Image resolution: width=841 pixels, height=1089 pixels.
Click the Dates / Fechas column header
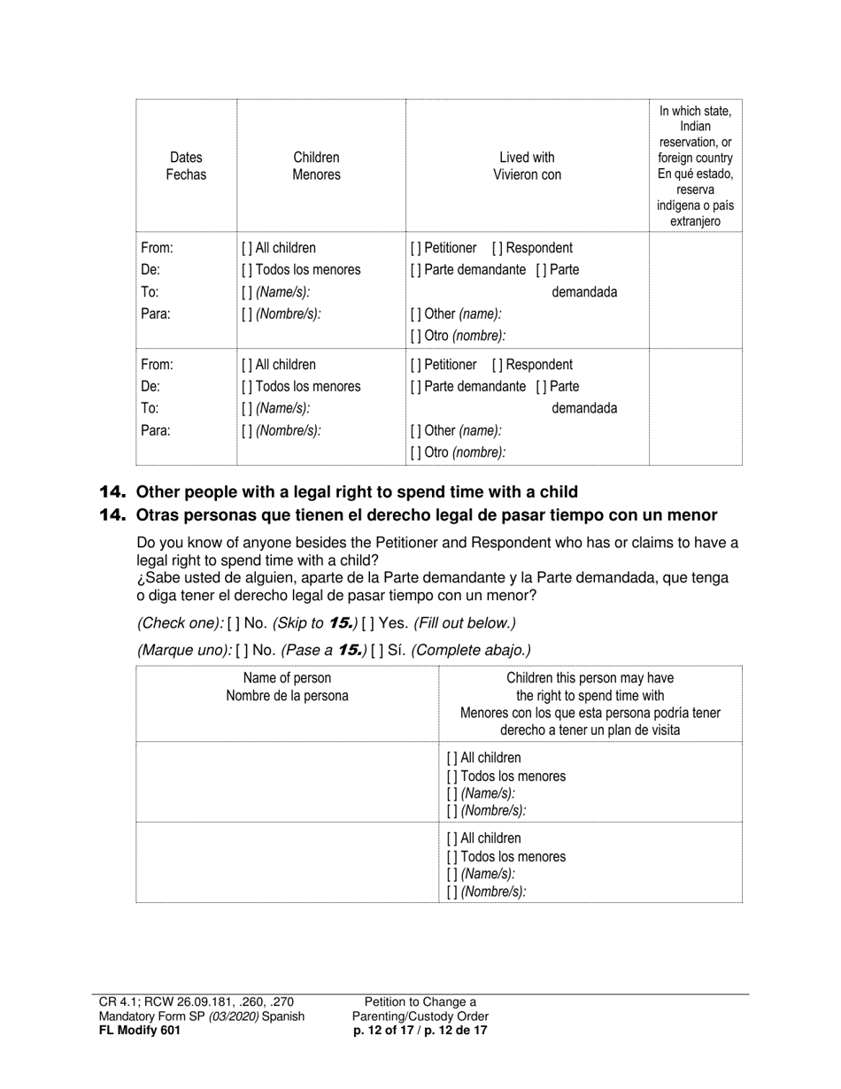(186, 166)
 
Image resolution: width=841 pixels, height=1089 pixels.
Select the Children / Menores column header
(316, 166)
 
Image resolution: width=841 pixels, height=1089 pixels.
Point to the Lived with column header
(527, 166)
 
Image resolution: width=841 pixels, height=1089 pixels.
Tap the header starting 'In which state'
(695, 166)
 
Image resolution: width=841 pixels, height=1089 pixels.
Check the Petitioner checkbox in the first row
(415, 248)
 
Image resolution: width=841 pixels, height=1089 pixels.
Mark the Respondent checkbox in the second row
(498, 365)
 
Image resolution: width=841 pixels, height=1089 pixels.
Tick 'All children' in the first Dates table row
(247, 248)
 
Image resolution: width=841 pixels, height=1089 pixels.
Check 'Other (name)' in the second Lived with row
(415, 430)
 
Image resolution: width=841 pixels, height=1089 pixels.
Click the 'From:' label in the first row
(157, 248)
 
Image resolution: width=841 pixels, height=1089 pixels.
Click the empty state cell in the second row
(695, 407)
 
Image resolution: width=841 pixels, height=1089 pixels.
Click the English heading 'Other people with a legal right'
(357, 492)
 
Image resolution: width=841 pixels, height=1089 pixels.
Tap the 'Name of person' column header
(287, 687)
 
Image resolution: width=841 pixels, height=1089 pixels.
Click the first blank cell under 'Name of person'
(287, 782)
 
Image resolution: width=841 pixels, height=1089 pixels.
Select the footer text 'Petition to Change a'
(420, 1002)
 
